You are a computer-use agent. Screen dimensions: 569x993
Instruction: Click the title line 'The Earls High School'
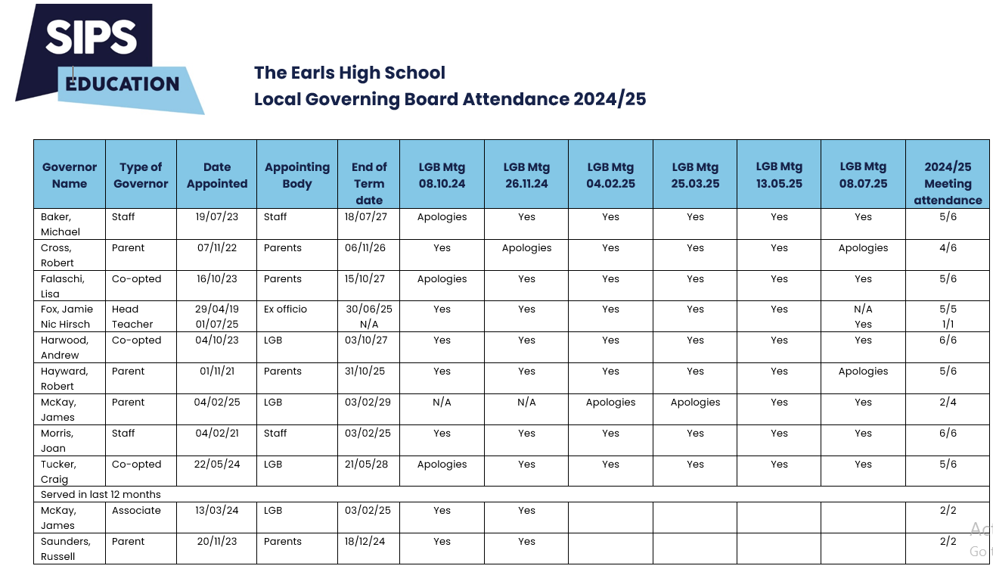click(x=349, y=73)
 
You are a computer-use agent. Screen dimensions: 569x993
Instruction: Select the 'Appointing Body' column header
click(x=297, y=175)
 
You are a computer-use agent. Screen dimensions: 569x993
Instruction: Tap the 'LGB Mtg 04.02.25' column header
click(x=611, y=175)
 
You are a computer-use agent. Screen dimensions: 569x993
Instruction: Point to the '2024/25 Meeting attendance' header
click(x=948, y=183)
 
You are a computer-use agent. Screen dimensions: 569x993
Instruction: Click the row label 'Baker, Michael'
click(x=61, y=224)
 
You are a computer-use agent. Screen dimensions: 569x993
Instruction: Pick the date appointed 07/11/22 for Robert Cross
click(x=216, y=247)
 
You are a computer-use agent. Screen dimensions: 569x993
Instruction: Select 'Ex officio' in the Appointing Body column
click(x=285, y=309)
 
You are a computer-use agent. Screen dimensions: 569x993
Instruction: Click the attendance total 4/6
click(x=948, y=247)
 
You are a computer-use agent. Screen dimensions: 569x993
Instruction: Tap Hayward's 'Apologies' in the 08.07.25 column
click(x=863, y=372)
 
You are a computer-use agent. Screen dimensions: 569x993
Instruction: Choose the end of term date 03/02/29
click(x=368, y=402)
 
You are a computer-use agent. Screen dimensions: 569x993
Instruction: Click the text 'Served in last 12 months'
click(x=101, y=494)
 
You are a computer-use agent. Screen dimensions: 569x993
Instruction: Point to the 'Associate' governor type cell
click(x=136, y=510)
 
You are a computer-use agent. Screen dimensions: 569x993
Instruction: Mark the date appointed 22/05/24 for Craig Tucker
click(x=216, y=464)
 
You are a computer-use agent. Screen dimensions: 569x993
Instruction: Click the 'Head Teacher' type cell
click(x=132, y=316)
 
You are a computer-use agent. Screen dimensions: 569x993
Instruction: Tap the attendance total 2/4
click(x=948, y=402)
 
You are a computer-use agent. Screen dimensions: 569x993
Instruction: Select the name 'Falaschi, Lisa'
click(x=63, y=286)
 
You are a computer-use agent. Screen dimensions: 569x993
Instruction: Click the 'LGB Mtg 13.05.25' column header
click(x=779, y=175)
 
